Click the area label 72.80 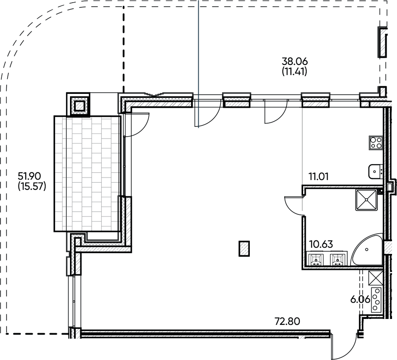[x=288, y=322]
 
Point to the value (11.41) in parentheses [x=294, y=71]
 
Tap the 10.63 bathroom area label [x=321, y=245]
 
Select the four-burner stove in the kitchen [x=376, y=143]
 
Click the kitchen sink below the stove [x=375, y=171]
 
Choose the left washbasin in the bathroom [x=316, y=259]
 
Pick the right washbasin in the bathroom [x=338, y=259]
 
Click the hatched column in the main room [x=244, y=248]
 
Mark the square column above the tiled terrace [x=79, y=106]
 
